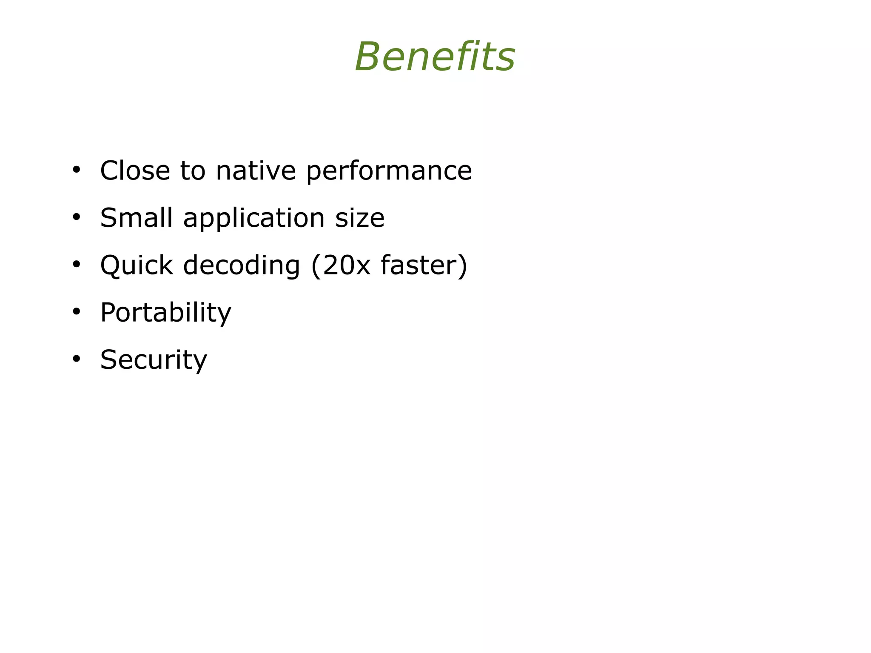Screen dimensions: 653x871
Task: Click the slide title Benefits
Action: coord(435,57)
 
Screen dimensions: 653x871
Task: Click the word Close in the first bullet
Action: coord(135,171)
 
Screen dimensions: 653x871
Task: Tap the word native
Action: coord(256,171)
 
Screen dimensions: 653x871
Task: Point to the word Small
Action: coord(136,218)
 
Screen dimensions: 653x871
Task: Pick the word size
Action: coord(360,218)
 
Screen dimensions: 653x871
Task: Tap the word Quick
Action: coord(136,265)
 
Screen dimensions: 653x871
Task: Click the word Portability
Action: coord(165,313)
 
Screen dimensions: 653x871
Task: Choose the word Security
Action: coord(154,360)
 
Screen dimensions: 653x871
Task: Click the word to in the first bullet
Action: coord(193,171)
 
